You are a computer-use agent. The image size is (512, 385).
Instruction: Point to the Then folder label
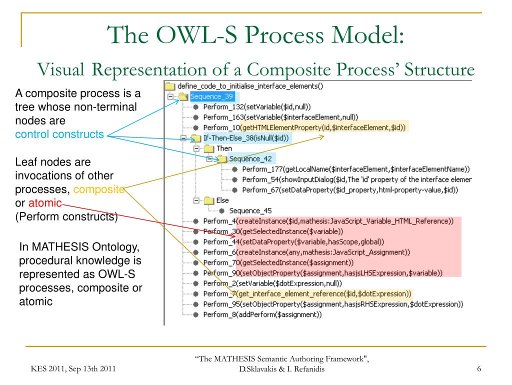pyautogui.click(x=223, y=148)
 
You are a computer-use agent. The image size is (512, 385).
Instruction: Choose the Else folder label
pyautogui.click(x=222, y=200)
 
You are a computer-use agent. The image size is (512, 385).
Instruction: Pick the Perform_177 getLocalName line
pyautogui.click(x=355, y=169)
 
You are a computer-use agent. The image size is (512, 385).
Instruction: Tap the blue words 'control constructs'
pyautogui.click(x=59, y=134)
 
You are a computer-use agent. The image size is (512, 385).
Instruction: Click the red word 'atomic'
pyautogui.click(x=46, y=203)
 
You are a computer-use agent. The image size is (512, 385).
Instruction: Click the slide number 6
pyautogui.click(x=478, y=369)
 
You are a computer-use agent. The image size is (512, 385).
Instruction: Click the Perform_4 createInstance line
pyautogui.click(x=328, y=221)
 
